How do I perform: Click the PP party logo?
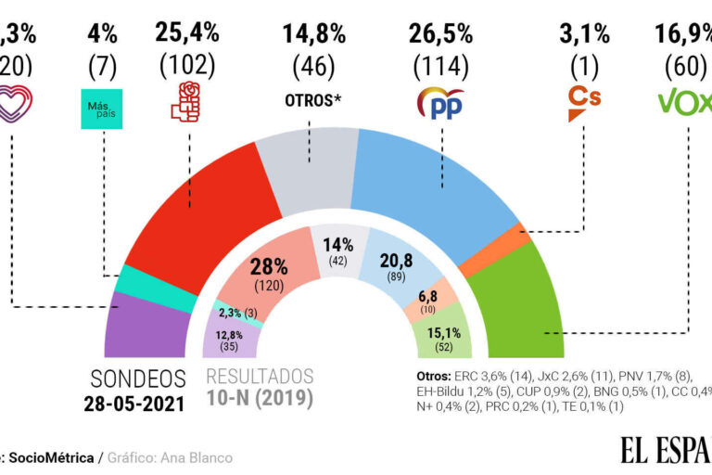click(x=441, y=102)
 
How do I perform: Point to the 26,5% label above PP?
click(x=441, y=34)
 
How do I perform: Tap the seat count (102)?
click(x=188, y=66)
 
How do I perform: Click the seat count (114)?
click(x=441, y=66)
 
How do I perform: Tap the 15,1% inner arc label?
click(x=442, y=332)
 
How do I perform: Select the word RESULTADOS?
click(x=260, y=378)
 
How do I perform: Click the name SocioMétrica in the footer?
click(x=57, y=458)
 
